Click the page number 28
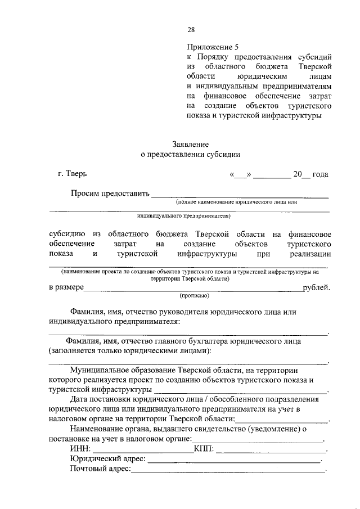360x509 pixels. [191, 30]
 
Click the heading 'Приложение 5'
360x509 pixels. [210, 48]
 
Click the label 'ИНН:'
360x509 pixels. [80, 449]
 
